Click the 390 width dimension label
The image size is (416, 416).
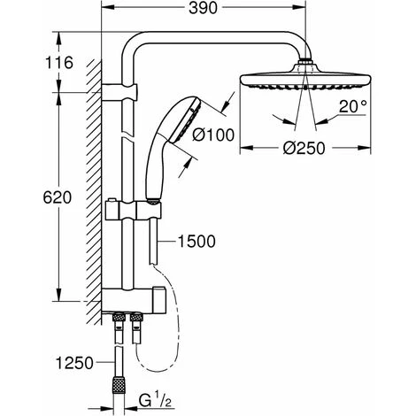click(203, 9)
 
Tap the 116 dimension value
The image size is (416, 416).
click(59, 63)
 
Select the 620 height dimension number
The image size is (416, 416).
click(58, 197)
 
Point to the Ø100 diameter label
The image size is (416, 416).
click(213, 135)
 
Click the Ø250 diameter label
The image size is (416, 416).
click(304, 148)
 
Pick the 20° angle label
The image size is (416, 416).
click(352, 106)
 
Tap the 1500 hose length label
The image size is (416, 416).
click(196, 242)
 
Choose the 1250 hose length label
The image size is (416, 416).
click(74, 363)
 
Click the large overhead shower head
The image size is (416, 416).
click(305, 78)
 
